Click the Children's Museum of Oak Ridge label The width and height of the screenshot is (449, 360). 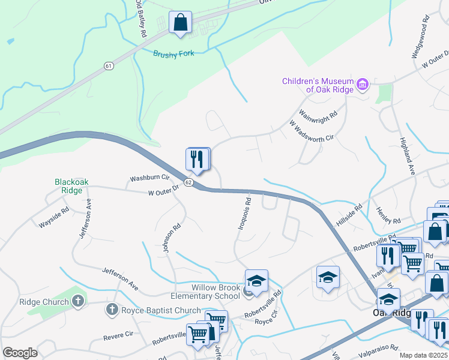pos(318,85)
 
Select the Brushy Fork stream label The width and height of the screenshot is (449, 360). pos(173,54)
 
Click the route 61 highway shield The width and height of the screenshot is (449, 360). pos(108,65)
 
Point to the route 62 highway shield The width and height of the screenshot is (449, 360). pos(188,182)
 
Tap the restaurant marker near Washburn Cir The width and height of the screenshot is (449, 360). pos(197,160)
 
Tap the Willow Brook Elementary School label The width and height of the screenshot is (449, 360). pos(207,292)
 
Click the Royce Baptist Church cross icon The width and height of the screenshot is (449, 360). pos(111,310)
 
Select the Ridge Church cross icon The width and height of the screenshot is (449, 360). pos(78,302)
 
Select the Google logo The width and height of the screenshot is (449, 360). pos(20,353)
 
